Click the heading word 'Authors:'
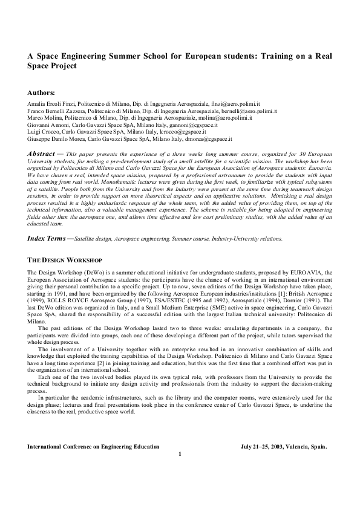(41, 92)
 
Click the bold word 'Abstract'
(44, 155)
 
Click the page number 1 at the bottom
(180, 454)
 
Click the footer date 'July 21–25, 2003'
(260, 447)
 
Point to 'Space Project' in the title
(52, 65)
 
